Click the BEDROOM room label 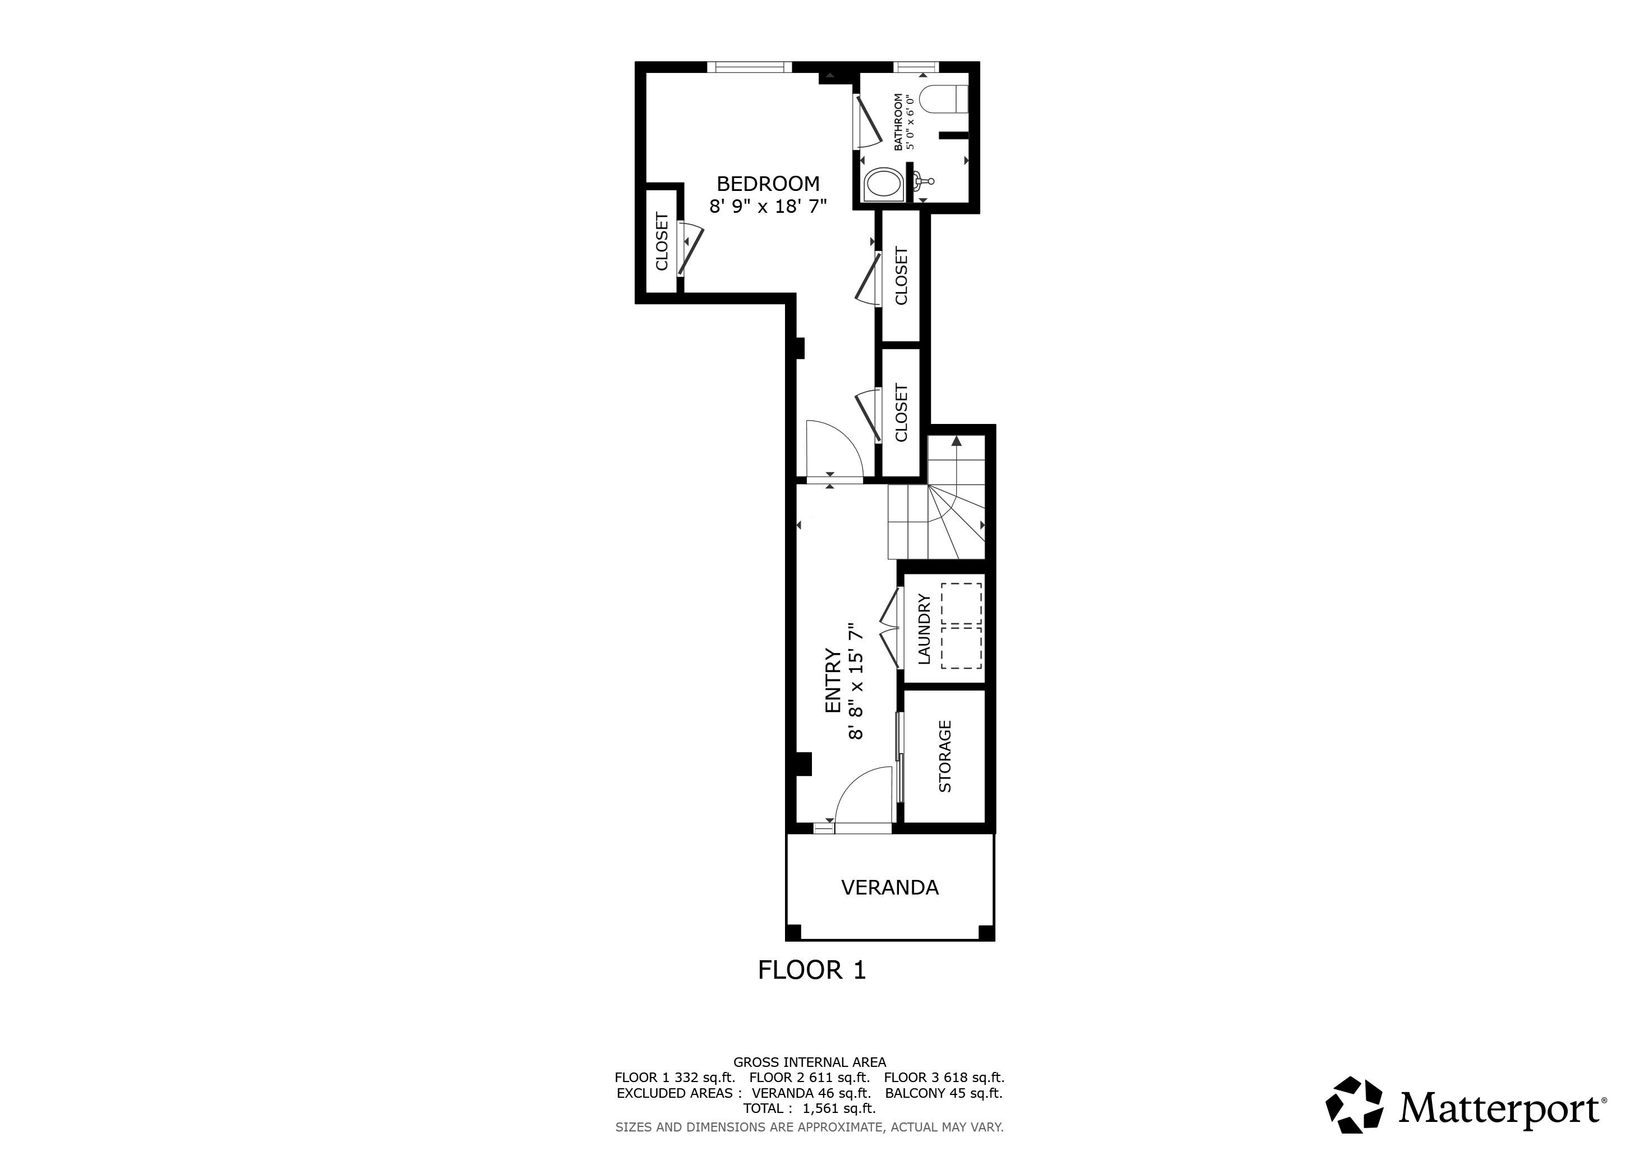coord(768,184)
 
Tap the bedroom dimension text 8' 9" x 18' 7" coord(768,206)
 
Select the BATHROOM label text coord(899,122)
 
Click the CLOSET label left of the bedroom coord(662,241)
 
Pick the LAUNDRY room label coord(924,629)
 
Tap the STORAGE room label coord(945,756)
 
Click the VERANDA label coord(889,887)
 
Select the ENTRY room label coord(833,681)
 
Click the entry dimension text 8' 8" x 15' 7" coord(856,681)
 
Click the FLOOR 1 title coord(812,970)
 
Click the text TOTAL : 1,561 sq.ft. coord(809,1108)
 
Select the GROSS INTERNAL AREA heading coord(809,1062)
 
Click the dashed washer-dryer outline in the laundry coord(961,626)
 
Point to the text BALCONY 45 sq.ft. coord(943,1093)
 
